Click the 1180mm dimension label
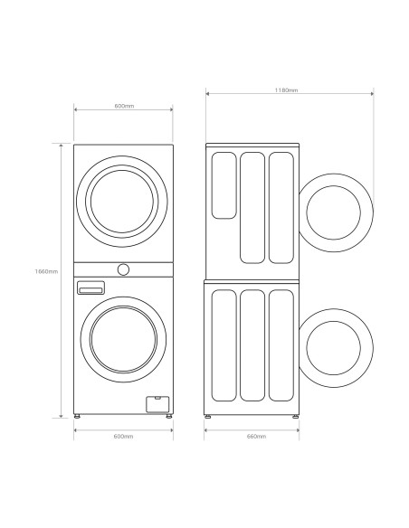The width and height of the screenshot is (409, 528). click(286, 90)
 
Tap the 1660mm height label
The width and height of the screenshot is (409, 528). click(46, 271)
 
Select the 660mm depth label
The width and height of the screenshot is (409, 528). click(256, 437)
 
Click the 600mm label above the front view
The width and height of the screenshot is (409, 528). click(124, 106)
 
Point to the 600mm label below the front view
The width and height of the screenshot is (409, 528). click(123, 437)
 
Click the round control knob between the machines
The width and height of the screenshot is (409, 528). click(123, 269)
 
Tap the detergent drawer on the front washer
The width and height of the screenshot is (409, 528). click(90, 288)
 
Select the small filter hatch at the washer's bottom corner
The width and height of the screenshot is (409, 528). click(157, 404)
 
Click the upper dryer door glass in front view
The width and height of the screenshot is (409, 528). click(122, 202)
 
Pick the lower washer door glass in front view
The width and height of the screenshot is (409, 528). click(123, 339)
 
